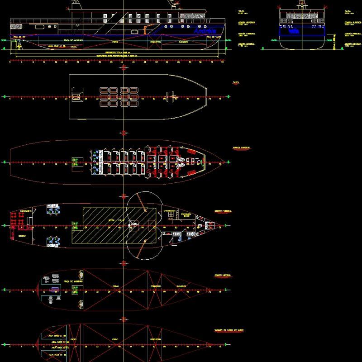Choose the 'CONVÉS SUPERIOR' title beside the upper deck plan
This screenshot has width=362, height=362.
(241, 148)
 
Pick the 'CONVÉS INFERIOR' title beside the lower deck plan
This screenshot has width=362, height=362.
(224, 275)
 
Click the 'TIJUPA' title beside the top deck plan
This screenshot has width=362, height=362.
(236, 82)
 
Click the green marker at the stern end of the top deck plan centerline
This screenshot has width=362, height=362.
(4, 97)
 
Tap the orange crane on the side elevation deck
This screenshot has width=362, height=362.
(145, 30)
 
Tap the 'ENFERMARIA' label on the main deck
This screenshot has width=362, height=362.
(170, 211)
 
